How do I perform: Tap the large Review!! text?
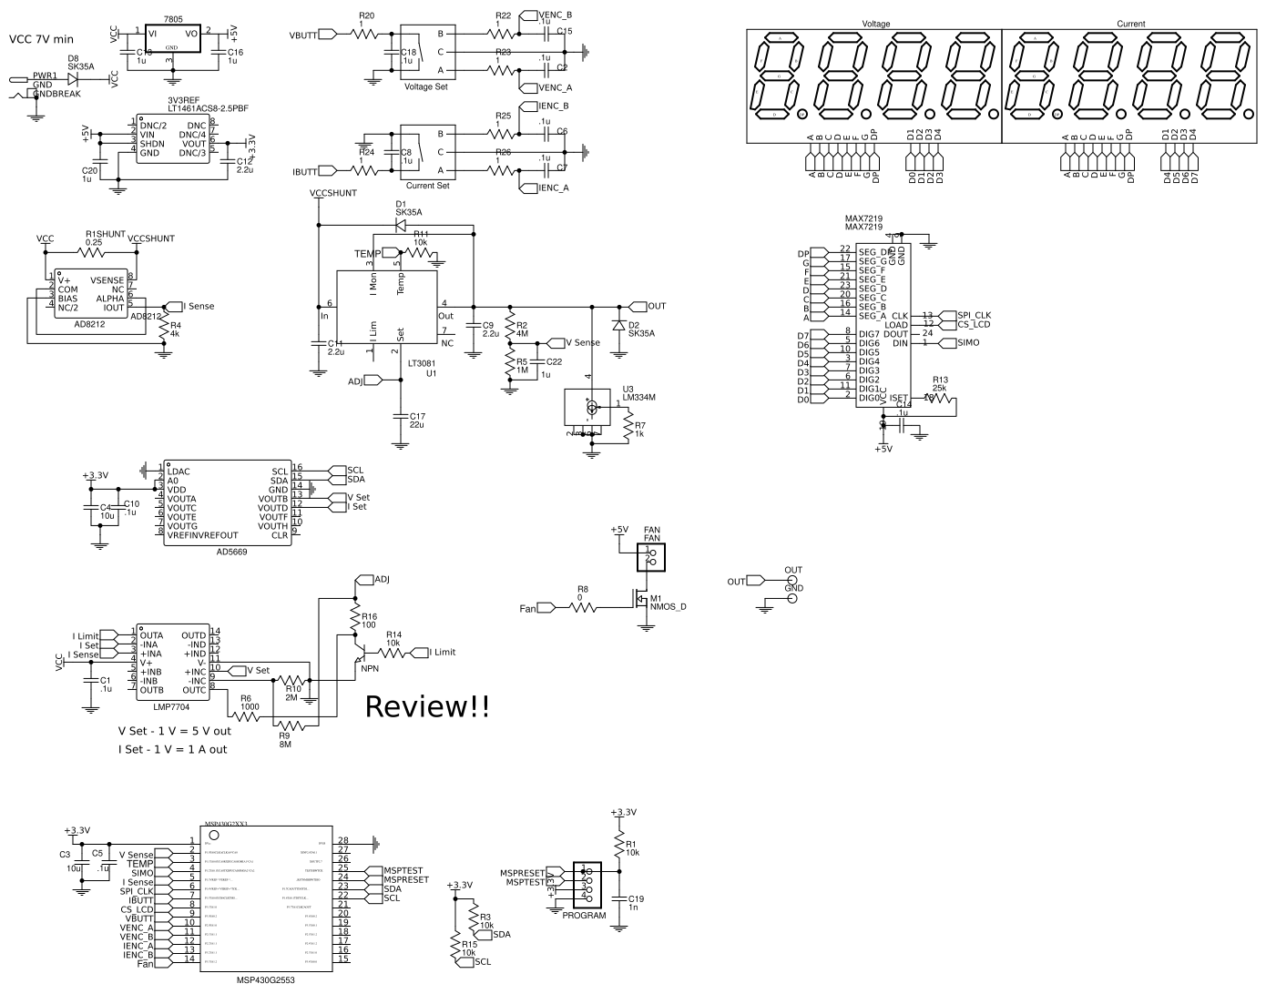[427, 707]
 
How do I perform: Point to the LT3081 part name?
[422, 363]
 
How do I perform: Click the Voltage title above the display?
[875, 24]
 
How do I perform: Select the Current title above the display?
[1130, 24]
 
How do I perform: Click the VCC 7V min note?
[41, 39]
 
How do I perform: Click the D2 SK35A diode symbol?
[619, 325]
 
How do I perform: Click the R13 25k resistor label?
[940, 384]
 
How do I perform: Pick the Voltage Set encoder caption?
[426, 86]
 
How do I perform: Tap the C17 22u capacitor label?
[417, 420]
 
